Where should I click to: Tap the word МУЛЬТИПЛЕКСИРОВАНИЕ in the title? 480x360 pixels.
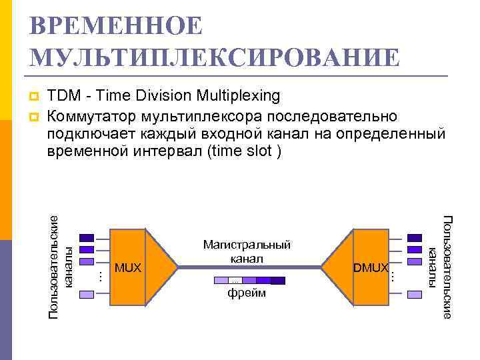(x=215, y=57)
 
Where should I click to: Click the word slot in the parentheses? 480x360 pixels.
(x=259, y=151)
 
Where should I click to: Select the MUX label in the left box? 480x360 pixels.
(x=128, y=268)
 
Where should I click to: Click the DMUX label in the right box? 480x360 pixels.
(x=371, y=268)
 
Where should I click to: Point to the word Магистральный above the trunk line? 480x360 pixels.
(x=247, y=245)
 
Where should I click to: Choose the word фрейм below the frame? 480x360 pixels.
(x=247, y=293)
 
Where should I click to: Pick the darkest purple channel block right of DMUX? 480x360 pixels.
(x=414, y=237)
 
